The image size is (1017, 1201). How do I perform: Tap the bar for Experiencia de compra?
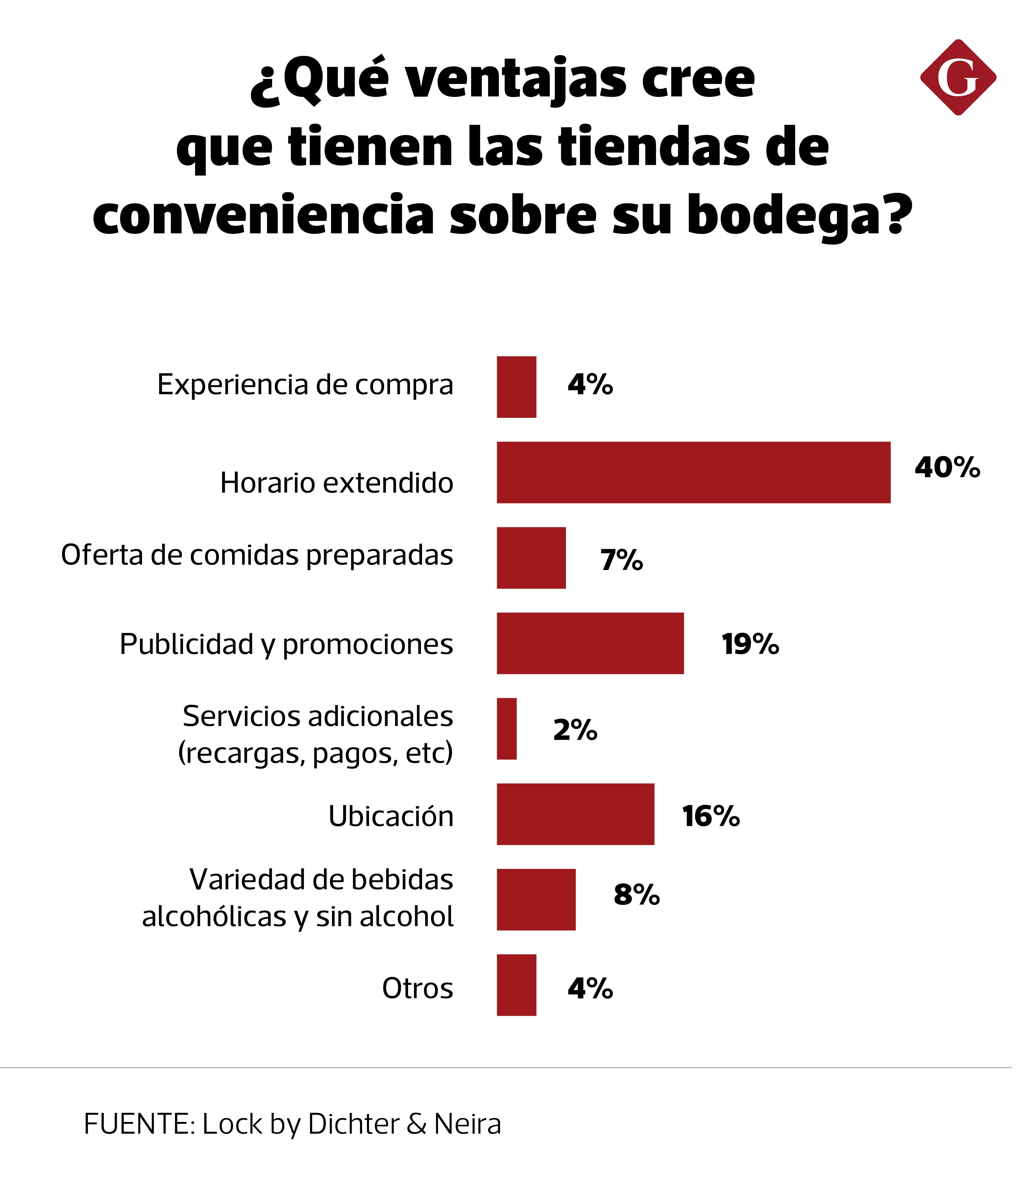click(x=517, y=387)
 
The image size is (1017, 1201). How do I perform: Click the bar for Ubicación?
click(x=575, y=815)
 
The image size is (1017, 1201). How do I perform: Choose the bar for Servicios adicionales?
click(x=507, y=729)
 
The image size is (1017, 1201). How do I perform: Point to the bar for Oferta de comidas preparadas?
click(x=531, y=558)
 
